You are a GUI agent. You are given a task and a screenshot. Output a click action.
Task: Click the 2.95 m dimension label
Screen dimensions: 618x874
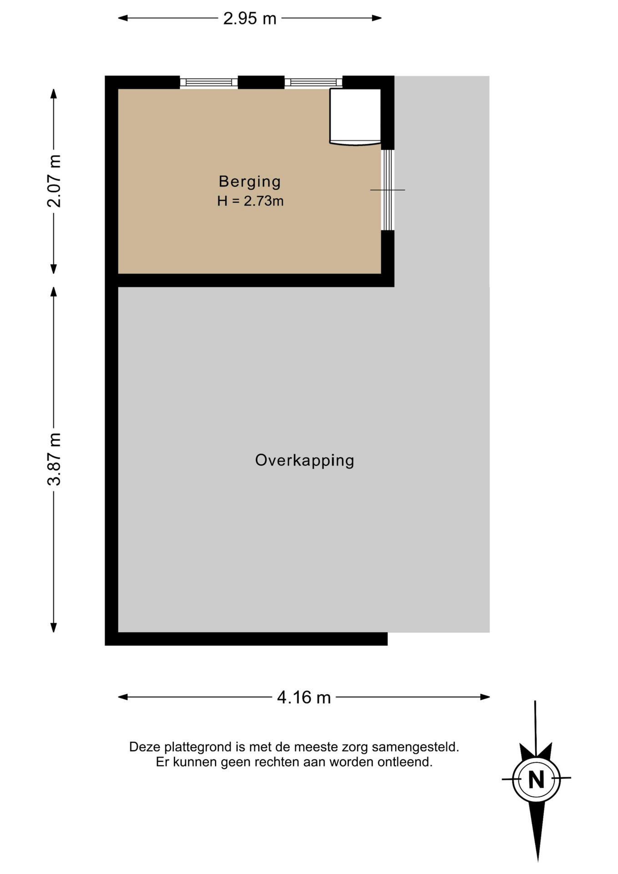(x=249, y=18)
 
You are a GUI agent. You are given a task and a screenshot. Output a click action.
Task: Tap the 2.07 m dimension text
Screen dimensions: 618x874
(x=54, y=181)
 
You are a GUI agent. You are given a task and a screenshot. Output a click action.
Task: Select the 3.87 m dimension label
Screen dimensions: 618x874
(x=54, y=459)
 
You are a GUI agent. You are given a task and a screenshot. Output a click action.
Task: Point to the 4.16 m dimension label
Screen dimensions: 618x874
(x=304, y=697)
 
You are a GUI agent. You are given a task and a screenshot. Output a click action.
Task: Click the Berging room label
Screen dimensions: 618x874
(x=250, y=182)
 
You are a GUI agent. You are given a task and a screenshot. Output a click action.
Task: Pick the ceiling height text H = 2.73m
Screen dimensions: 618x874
(x=250, y=201)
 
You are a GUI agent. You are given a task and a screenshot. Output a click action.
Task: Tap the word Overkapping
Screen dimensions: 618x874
(x=304, y=460)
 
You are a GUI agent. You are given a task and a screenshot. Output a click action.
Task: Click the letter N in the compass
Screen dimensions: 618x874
(x=537, y=779)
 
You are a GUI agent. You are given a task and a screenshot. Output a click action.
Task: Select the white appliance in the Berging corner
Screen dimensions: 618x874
(x=355, y=117)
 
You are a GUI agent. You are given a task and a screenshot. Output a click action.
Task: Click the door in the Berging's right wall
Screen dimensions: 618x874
(x=387, y=190)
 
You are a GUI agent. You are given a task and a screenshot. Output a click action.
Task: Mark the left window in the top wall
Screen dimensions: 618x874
(x=209, y=82)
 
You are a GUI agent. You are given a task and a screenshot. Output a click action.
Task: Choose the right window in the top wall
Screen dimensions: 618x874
(x=314, y=82)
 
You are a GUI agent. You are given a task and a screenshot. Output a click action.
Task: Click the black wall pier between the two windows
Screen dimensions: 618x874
(x=261, y=82)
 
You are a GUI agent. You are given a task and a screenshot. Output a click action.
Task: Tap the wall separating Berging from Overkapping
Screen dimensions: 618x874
(x=249, y=280)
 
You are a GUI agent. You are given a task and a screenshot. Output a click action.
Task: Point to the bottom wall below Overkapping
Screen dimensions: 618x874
(x=246, y=639)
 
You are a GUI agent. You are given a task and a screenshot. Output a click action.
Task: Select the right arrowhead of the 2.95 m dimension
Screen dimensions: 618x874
(x=376, y=18)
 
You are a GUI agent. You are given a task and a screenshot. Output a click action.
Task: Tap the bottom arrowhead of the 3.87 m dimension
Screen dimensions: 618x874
(x=54, y=627)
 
